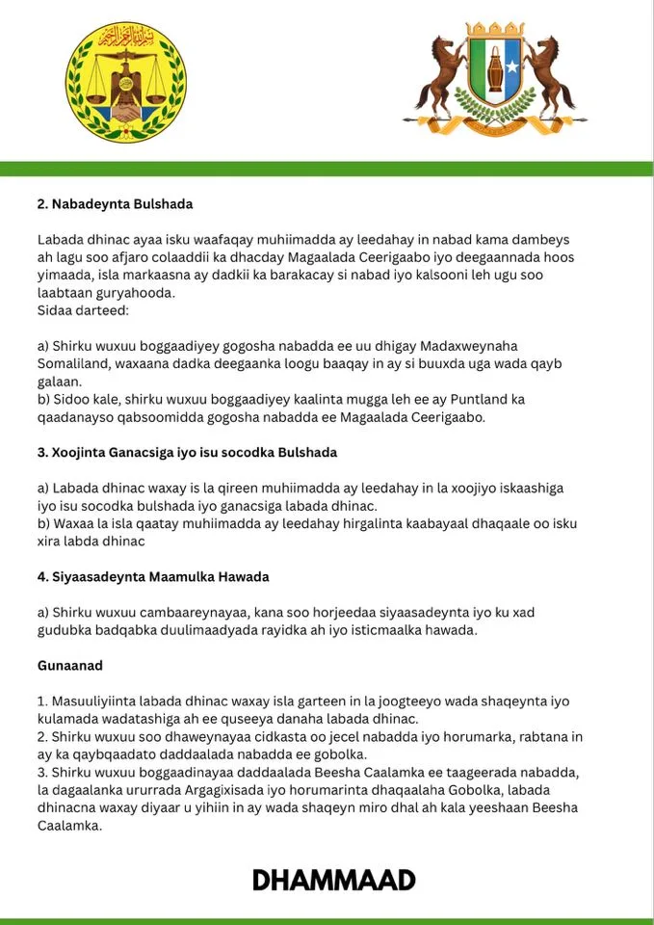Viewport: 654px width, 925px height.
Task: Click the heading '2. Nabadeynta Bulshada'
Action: [116, 203]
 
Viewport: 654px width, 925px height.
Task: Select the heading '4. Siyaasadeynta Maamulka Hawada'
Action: [153, 576]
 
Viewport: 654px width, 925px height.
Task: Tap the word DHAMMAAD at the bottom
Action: [334, 880]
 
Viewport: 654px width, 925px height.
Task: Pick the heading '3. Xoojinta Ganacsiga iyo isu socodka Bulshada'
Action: [187, 452]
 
